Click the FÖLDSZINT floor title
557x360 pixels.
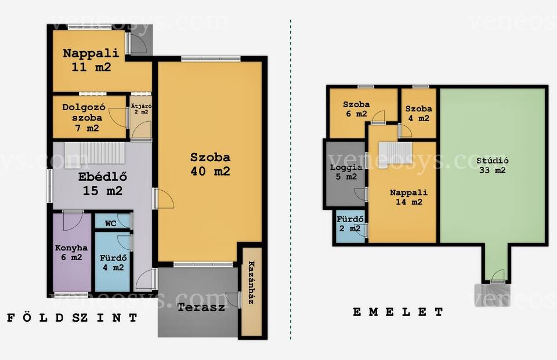[x=72, y=318]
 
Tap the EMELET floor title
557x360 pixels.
[x=398, y=312]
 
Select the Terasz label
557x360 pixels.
[x=201, y=307]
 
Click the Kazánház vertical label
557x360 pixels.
[x=251, y=282]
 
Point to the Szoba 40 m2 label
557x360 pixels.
[x=210, y=164]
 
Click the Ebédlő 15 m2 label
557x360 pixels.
[x=103, y=184]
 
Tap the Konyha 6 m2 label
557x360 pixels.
[x=71, y=252]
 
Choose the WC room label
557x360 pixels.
[x=110, y=223]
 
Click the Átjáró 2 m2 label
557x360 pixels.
[x=142, y=108]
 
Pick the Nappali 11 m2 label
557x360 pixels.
[x=91, y=60]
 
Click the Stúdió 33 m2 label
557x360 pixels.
[x=493, y=165]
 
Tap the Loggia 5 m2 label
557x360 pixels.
[x=346, y=172]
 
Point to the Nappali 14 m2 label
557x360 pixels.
[x=409, y=197]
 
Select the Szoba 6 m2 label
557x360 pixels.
[x=356, y=109]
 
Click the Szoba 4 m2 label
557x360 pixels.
[x=419, y=114]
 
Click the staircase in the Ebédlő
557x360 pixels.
[x=95, y=153]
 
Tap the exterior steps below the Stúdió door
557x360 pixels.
[x=493, y=294]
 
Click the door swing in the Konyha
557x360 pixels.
[x=73, y=221]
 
